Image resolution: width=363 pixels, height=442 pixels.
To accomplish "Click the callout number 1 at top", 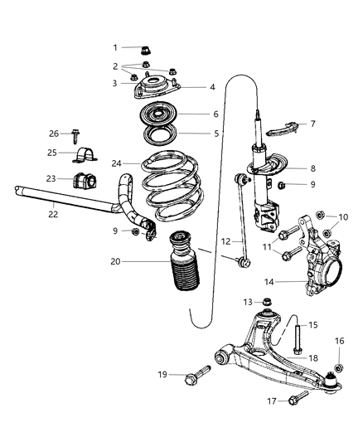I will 116,47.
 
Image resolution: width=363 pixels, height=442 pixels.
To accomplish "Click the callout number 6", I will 215,115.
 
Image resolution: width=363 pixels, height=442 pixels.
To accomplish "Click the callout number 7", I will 312,124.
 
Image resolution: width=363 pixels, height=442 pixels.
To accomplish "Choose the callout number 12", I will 225,241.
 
